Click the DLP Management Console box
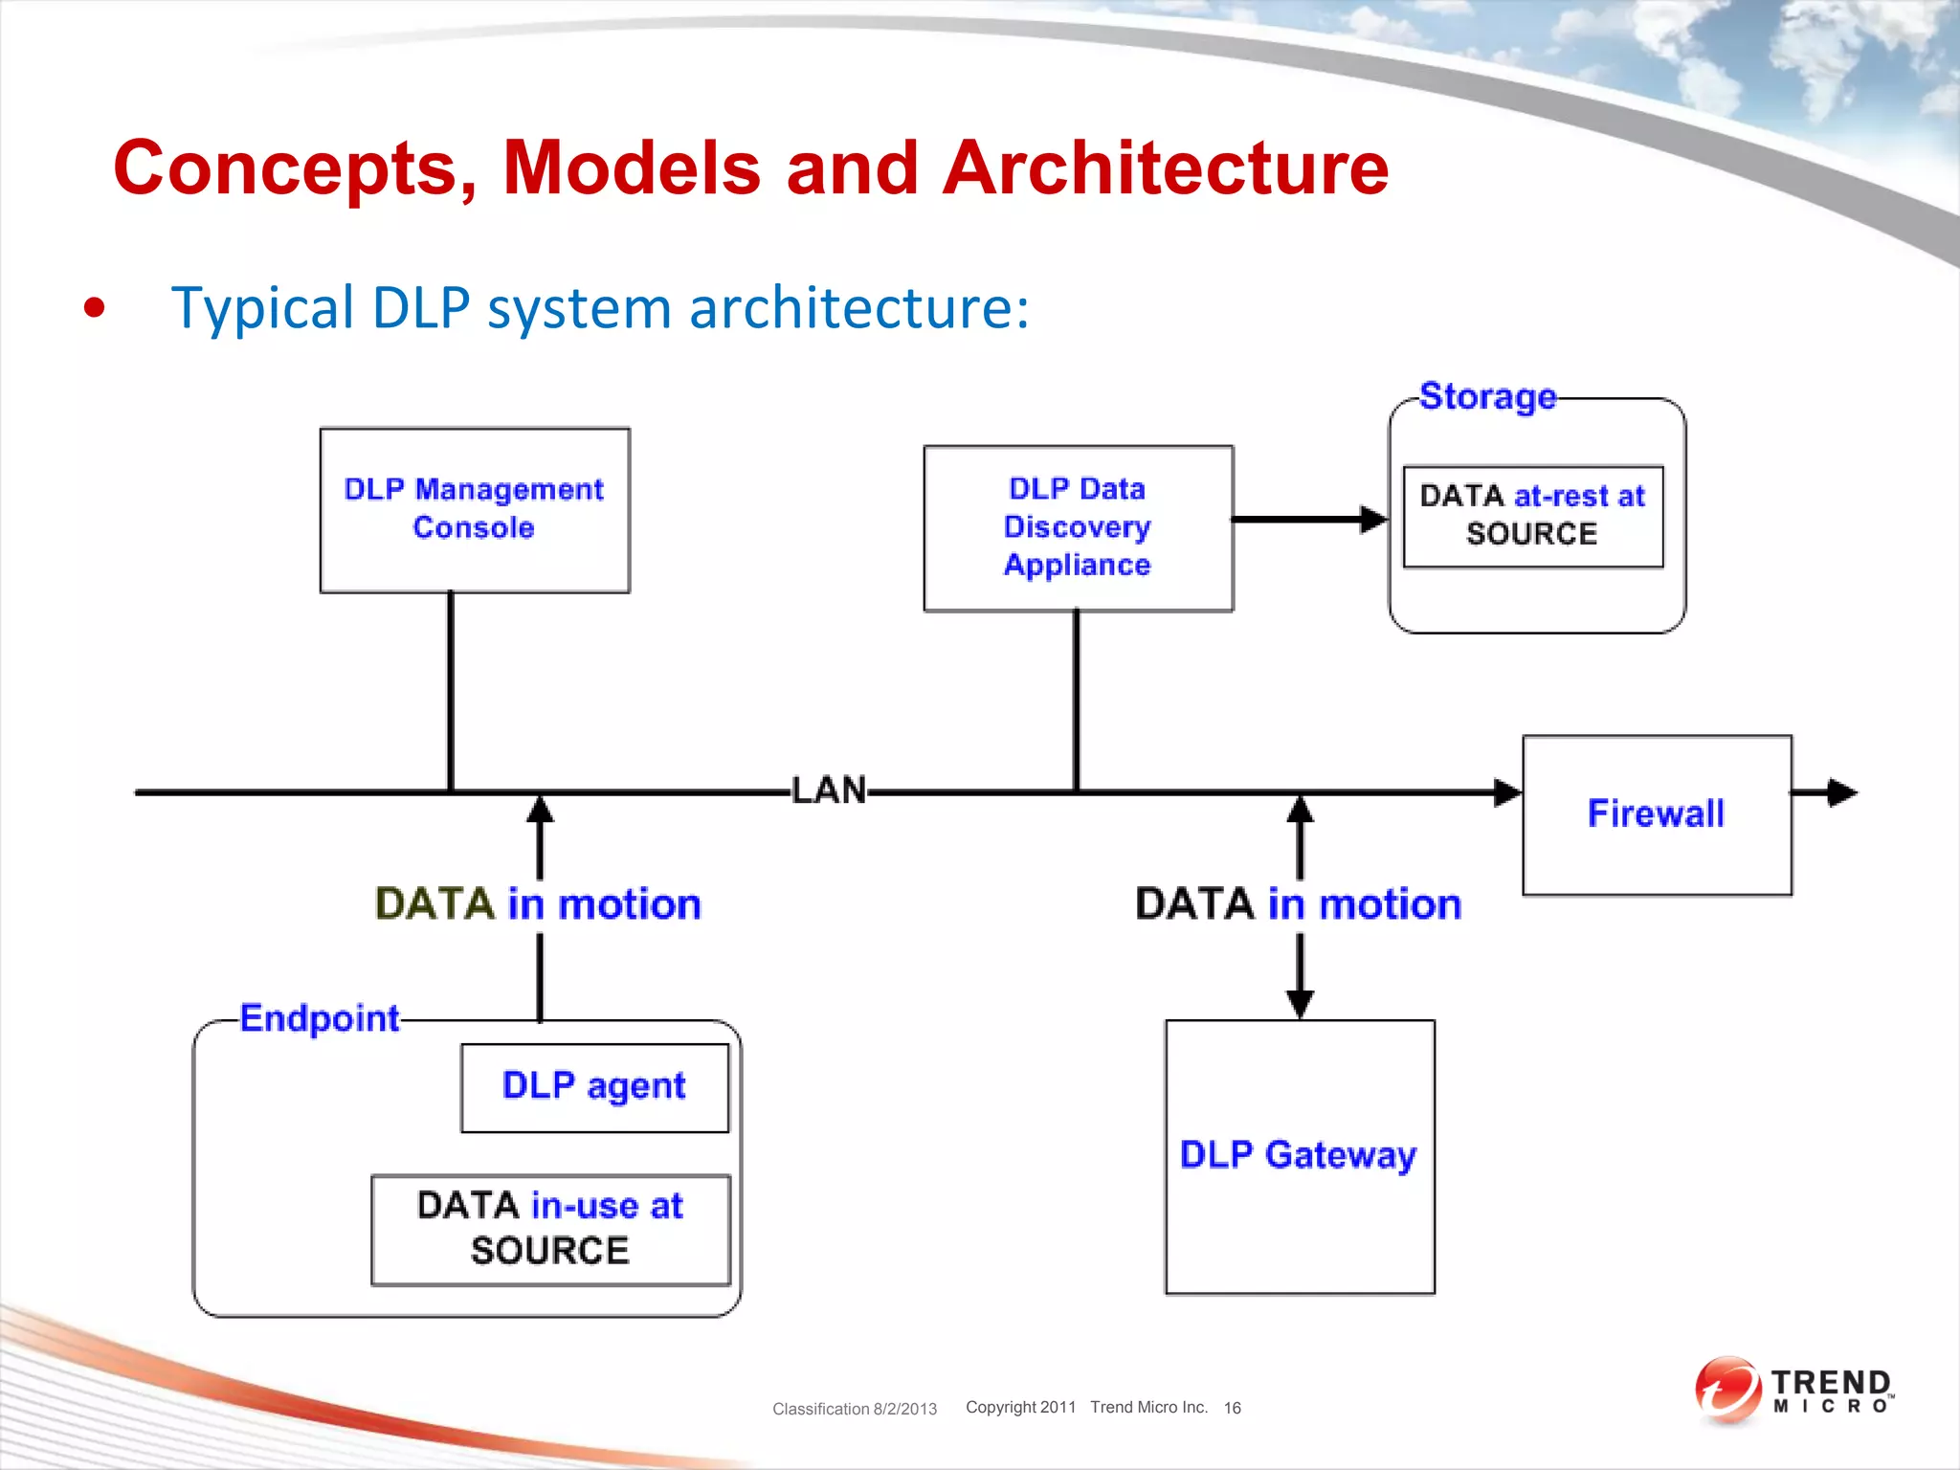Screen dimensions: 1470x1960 [x=475, y=510]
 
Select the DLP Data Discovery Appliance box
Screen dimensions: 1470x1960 [x=1078, y=527]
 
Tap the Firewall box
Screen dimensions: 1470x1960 [x=1657, y=814]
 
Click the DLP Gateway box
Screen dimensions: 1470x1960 [x=1299, y=1156]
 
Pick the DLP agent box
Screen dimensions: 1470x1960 [x=594, y=1087]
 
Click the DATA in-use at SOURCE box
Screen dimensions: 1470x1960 [x=550, y=1229]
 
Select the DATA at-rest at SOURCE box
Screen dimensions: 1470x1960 [x=1532, y=516]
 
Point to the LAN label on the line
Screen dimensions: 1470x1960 [x=829, y=791]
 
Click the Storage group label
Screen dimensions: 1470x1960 [x=1487, y=396]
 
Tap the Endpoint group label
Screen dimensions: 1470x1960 [x=320, y=1018]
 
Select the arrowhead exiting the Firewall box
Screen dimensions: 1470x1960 [x=1840, y=792]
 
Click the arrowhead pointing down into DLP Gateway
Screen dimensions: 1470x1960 [x=1300, y=1004]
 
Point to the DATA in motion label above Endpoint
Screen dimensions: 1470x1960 [x=538, y=904]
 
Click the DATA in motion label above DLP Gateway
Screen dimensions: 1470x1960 [x=1299, y=904]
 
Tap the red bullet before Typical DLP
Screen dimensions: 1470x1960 [x=94, y=308]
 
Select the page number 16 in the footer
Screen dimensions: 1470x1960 [x=1232, y=1408]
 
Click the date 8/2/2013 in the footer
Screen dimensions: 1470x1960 [x=904, y=1409]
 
